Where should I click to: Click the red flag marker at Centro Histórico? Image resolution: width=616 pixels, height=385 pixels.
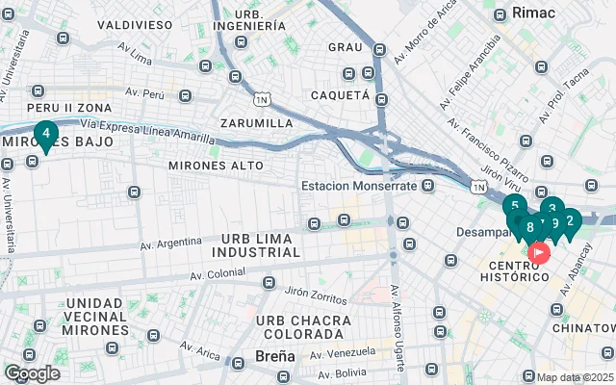click(x=538, y=253)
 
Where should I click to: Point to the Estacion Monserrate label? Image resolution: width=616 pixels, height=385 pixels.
click(x=359, y=186)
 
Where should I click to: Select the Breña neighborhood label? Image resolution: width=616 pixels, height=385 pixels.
click(x=275, y=356)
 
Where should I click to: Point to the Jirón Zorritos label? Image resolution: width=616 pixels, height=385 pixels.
click(x=317, y=290)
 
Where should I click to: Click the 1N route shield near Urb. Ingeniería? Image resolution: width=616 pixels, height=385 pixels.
click(x=261, y=99)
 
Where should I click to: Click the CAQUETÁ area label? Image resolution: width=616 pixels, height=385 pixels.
click(x=340, y=95)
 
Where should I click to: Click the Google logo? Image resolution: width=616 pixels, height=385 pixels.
click(x=32, y=372)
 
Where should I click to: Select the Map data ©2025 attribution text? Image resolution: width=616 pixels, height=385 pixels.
click(x=575, y=377)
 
